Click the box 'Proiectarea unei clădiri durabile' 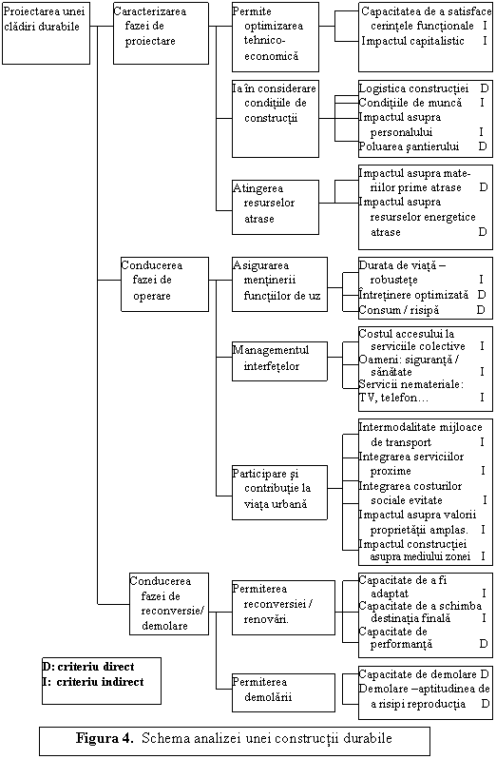tap(46, 33)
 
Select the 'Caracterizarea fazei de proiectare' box tap(161, 33)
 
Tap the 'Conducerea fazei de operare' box tap(164, 284)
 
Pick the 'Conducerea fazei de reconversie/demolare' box tap(169, 604)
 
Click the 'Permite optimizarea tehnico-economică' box tap(276, 37)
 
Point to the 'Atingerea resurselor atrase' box tap(276, 207)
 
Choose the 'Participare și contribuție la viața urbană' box tap(279, 493)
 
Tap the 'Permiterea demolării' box tap(283, 692)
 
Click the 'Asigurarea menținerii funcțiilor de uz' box tap(279, 284)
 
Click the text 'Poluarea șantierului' tap(409, 146)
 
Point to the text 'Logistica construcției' tap(414, 88)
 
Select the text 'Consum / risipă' tap(399, 310)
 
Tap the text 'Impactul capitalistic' tap(412, 41)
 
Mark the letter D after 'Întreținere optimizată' tap(482, 295)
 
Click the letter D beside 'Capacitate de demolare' tap(485, 674)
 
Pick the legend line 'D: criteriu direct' tap(88, 667)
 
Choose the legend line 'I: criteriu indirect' tap(93, 682)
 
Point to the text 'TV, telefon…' tap(393, 398)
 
